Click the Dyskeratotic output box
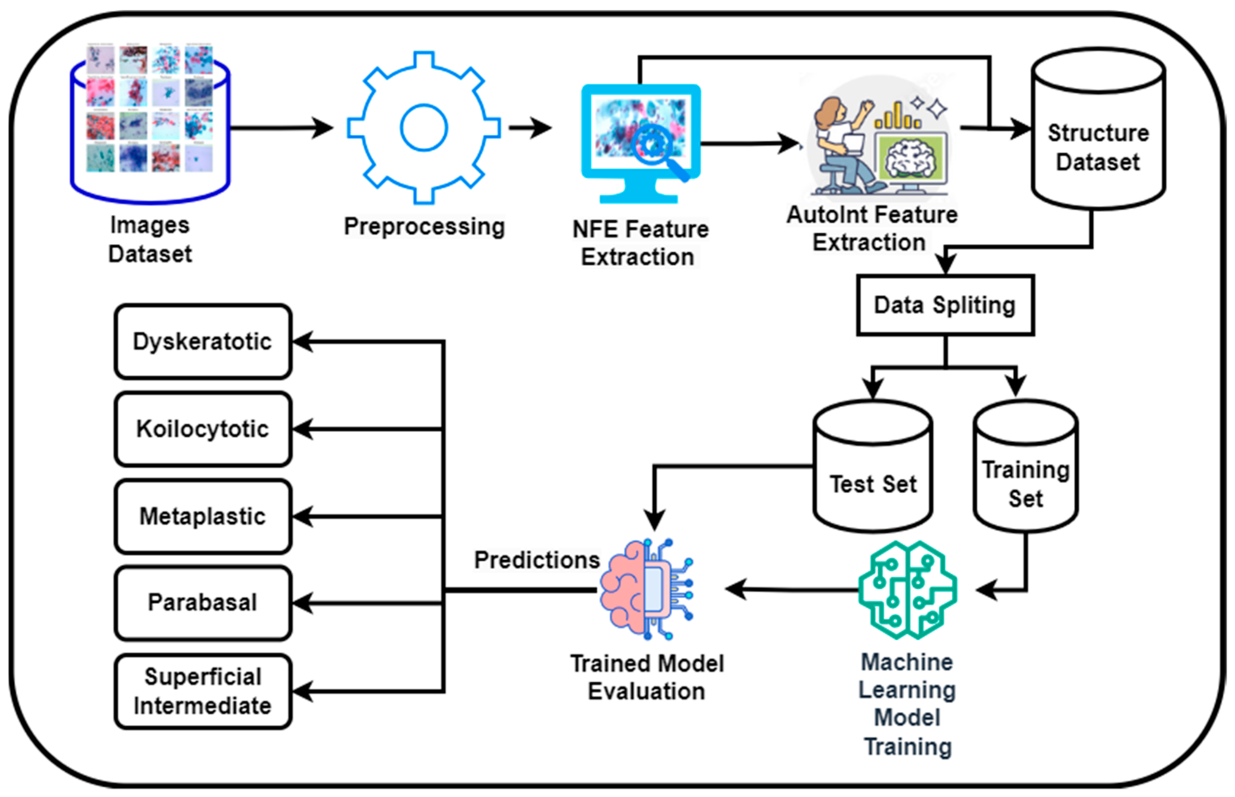[203, 342]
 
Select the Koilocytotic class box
[203, 429]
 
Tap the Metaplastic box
[203, 517]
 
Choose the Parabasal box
[203, 603]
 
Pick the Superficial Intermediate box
[203, 691]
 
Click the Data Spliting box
[945, 305]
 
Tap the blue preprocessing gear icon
[423, 128]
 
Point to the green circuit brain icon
[907, 590]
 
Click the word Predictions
[537, 560]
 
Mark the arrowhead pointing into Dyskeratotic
[303, 342]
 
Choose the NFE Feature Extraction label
[640, 243]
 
